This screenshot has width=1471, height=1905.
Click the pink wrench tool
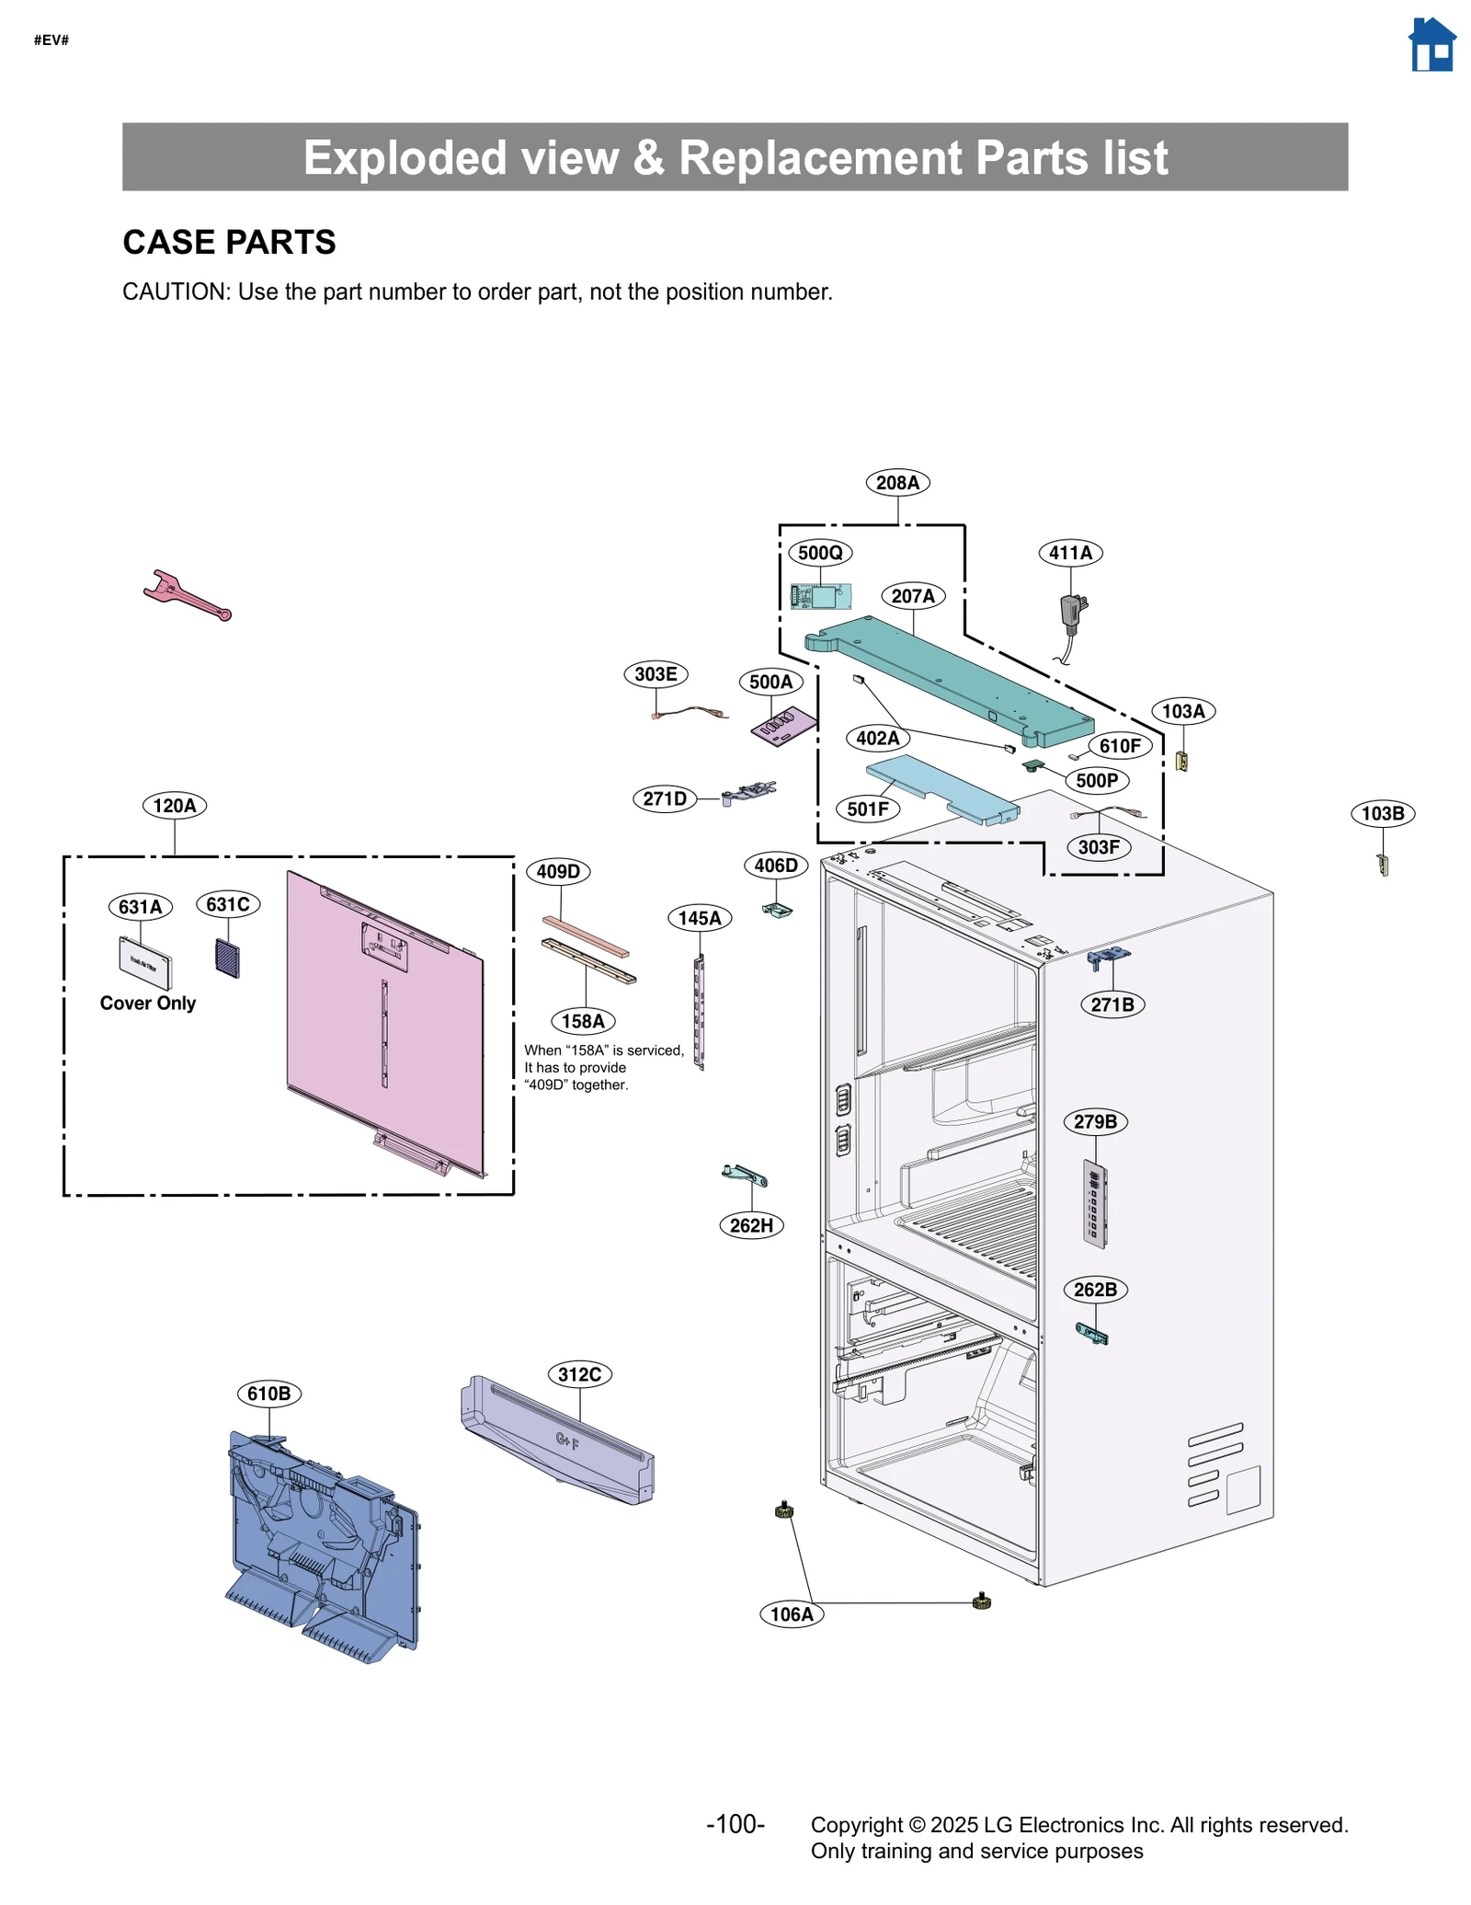pos(186,595)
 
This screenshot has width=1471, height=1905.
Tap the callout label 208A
pos(896,482)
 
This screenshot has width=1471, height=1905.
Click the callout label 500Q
pos(819,552)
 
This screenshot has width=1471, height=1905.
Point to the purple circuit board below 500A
pos(782,726)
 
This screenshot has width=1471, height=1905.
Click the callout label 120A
pos(175,805)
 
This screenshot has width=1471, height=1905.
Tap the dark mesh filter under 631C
pos(227,958)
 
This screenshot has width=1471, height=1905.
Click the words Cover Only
pos(148,1003)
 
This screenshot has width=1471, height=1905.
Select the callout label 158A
pos(583,1020)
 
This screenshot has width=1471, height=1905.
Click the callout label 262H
pos(751,1224)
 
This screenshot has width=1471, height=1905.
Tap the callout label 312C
pos(579,1374)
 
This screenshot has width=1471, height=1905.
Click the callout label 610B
pos(268,1393)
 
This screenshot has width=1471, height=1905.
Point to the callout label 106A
pos(792,1613)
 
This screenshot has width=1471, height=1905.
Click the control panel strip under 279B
pos(1094,1204)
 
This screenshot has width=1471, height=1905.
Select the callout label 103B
pos(1382,813)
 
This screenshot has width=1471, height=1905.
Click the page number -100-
pos(735,1823)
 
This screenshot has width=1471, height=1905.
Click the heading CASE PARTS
pos(229,242)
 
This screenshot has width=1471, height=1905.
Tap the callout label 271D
pos(664,798)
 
